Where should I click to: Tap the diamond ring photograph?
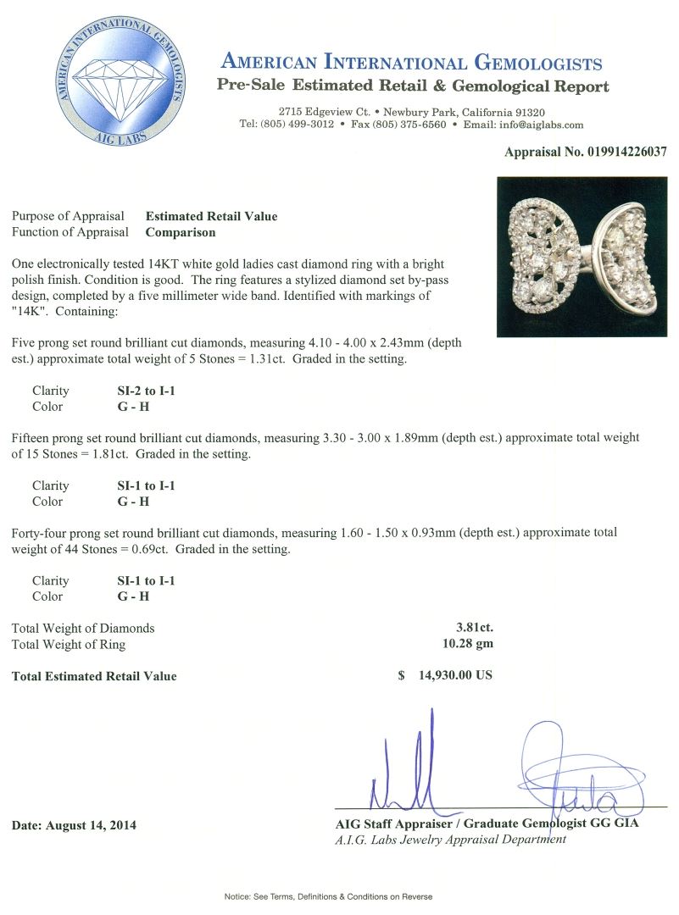(x=582, y=257)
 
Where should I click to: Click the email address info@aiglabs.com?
(x=543, y=125)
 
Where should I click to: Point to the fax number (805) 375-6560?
(x=410, y=125)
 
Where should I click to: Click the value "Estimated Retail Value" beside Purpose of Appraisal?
(x=211, y=216)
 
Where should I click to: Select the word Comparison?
(x=181, y=232)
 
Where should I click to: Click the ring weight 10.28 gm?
(x=470, y=644)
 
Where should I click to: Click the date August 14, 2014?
(x=74, y=825)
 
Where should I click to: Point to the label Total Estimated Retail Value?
(x=94, y=676)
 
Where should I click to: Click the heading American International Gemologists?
(x=412, y=64)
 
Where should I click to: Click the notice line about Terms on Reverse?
(x=328, y=896)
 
